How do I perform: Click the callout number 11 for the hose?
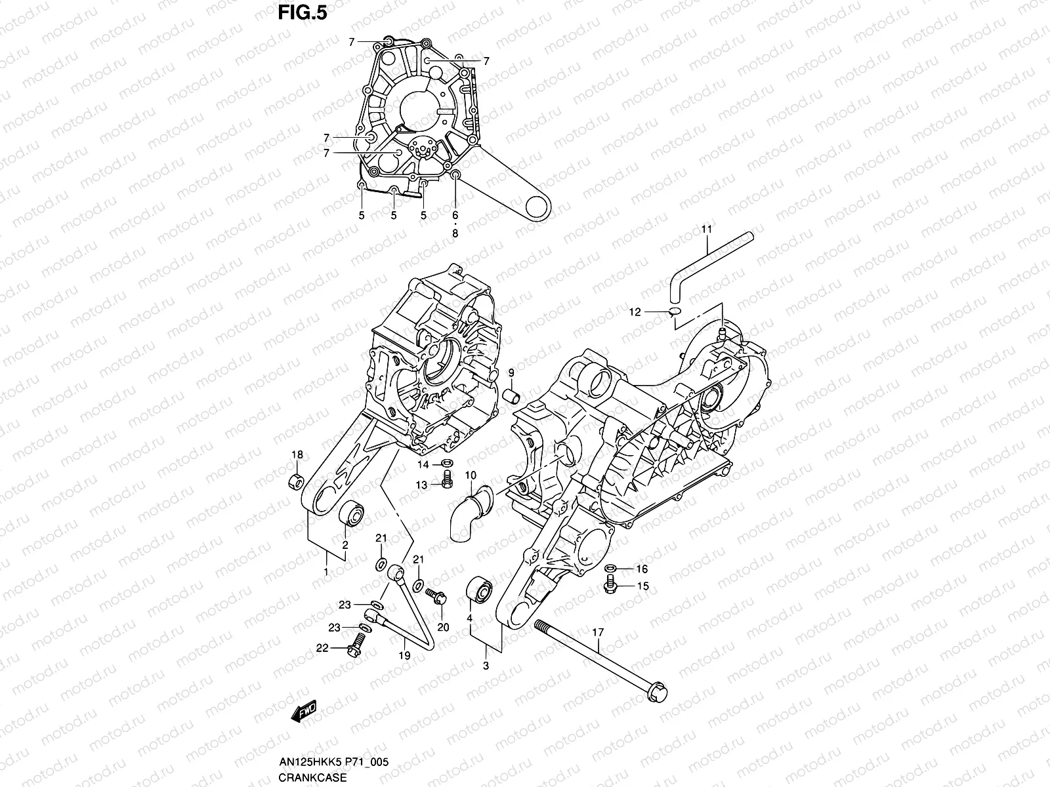pos(707,230)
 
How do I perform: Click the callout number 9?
pos(511,373)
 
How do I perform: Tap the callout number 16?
pos(642,569)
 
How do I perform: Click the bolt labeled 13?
pos(448,483)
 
